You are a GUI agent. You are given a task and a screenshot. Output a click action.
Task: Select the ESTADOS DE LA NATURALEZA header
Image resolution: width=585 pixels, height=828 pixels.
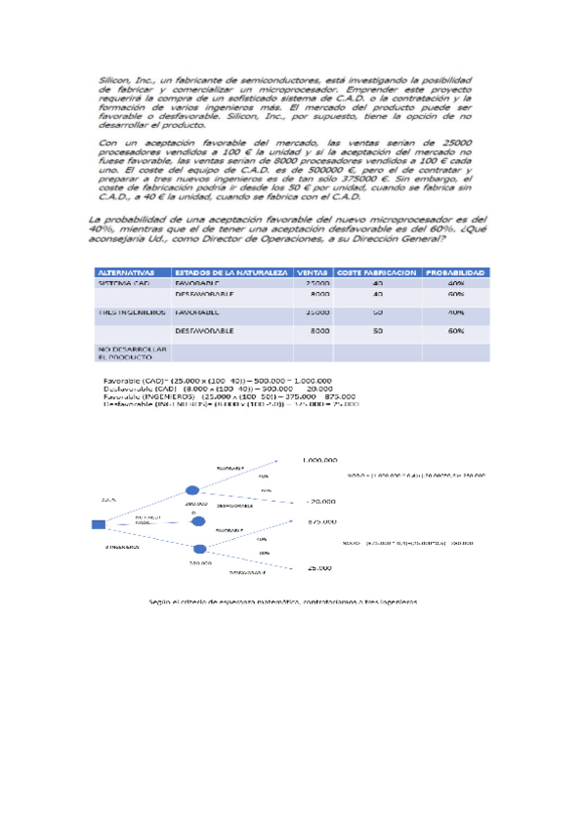click(x=230, y=272)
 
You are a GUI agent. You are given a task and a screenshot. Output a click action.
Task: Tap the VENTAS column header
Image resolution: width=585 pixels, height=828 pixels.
click(x=313, y=272)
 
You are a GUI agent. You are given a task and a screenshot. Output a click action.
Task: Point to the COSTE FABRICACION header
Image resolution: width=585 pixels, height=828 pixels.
click(x=377, y=272)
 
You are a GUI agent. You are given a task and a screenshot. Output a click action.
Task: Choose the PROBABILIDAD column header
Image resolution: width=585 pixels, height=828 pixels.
click(x=455, y=272)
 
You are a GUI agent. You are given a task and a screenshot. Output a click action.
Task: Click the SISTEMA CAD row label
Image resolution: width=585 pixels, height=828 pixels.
click(x=124, y=283)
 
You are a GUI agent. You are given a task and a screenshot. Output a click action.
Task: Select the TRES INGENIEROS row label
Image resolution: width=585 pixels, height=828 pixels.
click(x=130, y=312)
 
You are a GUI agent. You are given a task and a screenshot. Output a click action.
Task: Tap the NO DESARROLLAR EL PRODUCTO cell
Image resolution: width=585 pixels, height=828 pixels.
click(x=132, y=352)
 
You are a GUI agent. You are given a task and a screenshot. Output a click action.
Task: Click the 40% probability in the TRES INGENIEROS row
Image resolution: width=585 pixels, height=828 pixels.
click(x=455, y=312)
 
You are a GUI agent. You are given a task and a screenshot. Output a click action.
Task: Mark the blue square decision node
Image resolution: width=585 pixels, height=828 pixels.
click(x=99, y=524)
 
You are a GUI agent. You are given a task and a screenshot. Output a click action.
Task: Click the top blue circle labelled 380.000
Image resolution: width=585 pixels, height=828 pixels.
click(x=192, y=491)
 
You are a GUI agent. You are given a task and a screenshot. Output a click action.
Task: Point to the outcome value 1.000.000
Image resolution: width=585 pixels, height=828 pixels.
click(x=320, y=459)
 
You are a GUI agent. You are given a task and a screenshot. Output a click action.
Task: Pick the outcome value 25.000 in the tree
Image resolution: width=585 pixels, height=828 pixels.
click(x=318, y=567)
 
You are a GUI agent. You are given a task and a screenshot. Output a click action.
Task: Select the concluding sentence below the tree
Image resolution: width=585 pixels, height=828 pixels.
click(x=283, y=602)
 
